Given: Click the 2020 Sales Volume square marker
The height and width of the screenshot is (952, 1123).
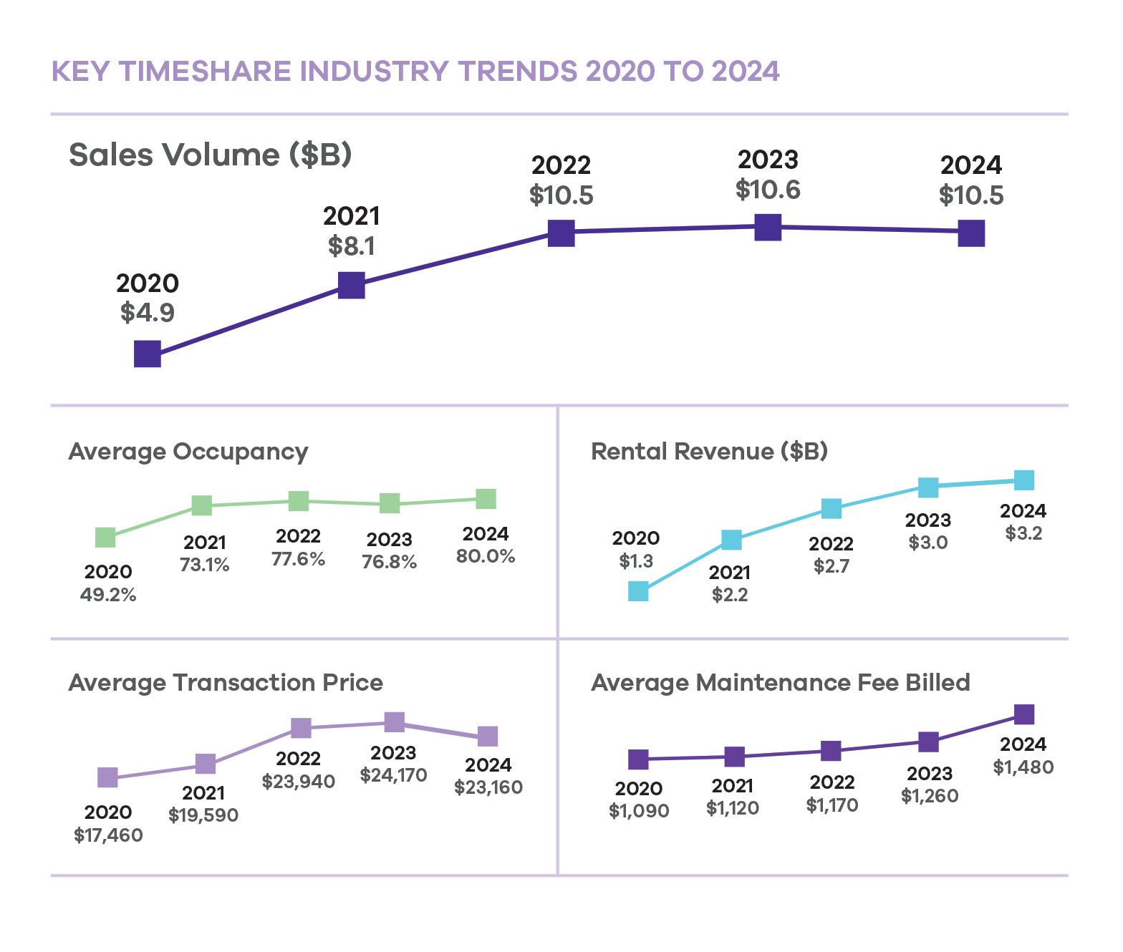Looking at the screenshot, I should click(x=148, y=354).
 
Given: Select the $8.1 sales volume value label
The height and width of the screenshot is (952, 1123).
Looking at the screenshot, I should click(x=352, y=246).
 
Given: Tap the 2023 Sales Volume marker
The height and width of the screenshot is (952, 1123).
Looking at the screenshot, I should click(x=768, y=228).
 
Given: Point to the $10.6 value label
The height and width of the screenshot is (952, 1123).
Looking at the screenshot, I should click(x=768, y=190).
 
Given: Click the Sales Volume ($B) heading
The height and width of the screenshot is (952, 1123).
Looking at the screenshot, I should click(x=211, y=155).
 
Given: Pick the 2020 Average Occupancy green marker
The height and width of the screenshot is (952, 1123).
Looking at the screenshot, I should click(x=105, y=538).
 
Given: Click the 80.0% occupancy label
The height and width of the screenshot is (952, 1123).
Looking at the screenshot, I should click(x=486, y=556).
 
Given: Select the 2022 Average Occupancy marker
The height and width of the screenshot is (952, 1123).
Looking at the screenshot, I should click(x=299, y=501).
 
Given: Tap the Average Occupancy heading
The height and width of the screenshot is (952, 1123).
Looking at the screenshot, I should click(x=188, y=452).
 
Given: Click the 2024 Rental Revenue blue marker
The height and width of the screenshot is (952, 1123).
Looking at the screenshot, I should click(x=1024, y=480).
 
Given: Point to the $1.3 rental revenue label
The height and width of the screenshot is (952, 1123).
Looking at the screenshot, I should click(x=636, y=561).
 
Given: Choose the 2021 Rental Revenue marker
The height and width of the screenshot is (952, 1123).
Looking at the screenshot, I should click(x=731, y=540).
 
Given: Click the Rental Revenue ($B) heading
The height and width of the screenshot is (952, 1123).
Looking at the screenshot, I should click(x=709, y=452).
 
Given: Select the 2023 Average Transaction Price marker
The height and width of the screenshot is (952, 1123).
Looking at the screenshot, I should click(x=395, y=722).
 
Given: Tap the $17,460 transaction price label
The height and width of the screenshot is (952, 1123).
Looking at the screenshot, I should click(x=108, y=835).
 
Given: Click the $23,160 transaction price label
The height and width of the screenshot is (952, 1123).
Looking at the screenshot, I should click(x=488, y=787).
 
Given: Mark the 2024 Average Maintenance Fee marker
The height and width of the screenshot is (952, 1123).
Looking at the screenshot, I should click(x=1025, y=714).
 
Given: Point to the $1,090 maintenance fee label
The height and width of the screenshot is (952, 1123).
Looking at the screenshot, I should click(x=639, y=811).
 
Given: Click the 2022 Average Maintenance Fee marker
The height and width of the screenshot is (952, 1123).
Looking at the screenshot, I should click(x=831, y=751).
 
